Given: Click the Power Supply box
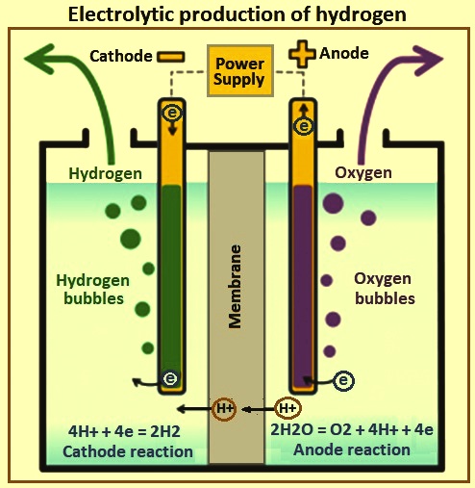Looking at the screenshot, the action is pos(240,71).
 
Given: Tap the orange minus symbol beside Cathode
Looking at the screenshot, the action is pos(171,57).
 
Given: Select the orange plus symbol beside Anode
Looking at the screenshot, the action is pos(302,54).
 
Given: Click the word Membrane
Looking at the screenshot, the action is pos(236,287).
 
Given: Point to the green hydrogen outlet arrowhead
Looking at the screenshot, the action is pos(41,59).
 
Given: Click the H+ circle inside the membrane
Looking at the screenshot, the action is pos(224,409).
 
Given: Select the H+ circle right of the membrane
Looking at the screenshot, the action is pos(287,408).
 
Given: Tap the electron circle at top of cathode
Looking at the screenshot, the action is pos(172,113).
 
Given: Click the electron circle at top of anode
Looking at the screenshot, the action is pos(303,126).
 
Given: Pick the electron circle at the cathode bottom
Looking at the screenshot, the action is pos(170,378).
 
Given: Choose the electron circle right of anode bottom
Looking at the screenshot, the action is pos(343,381).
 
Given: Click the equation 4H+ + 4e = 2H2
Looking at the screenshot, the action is pos(124,431).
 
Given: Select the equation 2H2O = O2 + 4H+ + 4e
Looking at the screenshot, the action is pos(352,429).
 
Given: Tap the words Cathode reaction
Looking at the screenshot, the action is pos(128,451).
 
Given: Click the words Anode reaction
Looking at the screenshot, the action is pos(352,449).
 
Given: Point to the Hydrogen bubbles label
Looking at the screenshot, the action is pos(93,290).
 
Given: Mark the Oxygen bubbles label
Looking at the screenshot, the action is pos(384,289).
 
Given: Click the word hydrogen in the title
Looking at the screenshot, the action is pos(361,15).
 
